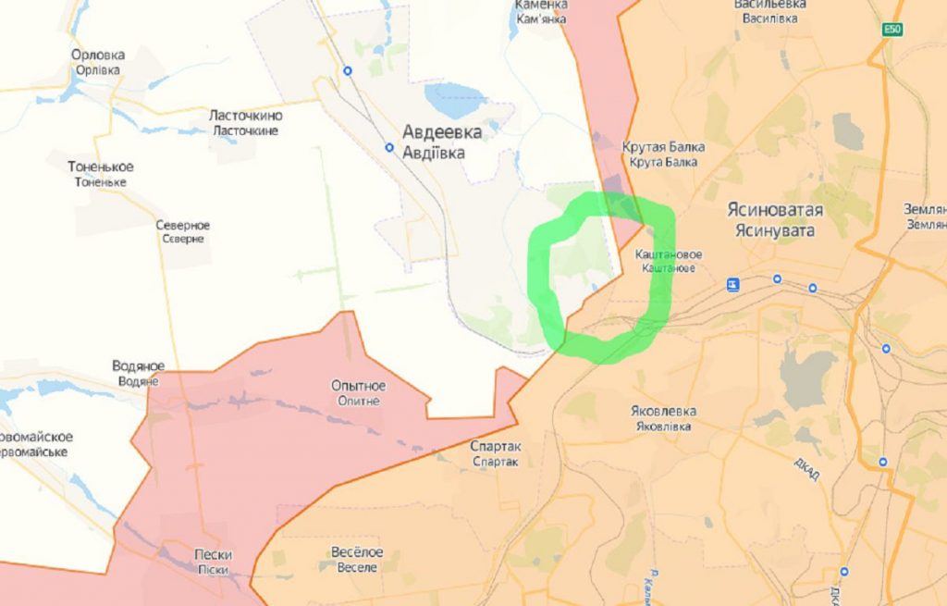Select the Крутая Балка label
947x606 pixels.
pyautogui.click(x=663, y=147)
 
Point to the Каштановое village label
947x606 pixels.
pyautogui.click(x=669, y=254)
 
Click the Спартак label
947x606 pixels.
pyautogui.click(x=496, y=446)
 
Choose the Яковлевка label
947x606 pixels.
pyautogui.click(x=666, y=412)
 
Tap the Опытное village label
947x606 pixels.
pyautogui.click(x=359, y=386)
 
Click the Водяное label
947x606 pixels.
pyautogui.click(x=138, y=366)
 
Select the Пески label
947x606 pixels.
pyautogui.click(x=213, y=555)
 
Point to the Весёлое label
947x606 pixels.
pyautogui.click(x=356, y=552)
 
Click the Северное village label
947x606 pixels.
pyautogui.click(x=182, y=226)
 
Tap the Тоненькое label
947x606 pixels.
pyautogui.click(x=101, y=167)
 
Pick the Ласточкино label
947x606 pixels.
pyautogui.click(x=246, y=117)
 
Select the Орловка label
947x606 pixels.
pyautogui.click(x=98, y=56)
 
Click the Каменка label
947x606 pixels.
pyautogui.click(x=540, y=6)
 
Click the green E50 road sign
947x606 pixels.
pyautogui.click(x=892, y=30)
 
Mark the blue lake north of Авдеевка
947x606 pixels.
pyautogui.click(x=454, y=96)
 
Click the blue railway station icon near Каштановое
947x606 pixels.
pyautogui.click(x=732, y=284)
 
